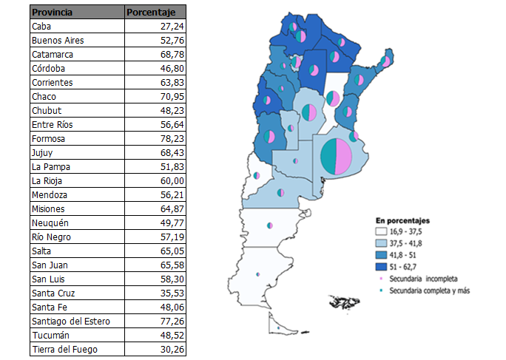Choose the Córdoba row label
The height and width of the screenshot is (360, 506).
pyautogui.click(x=47, y=68)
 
